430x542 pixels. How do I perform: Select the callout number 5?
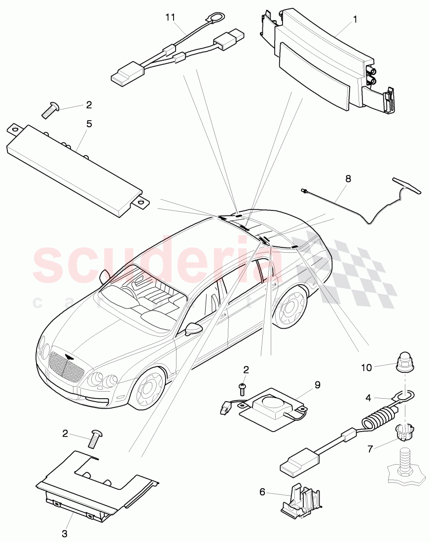[x=89, y=124]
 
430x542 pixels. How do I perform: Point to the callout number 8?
[x=348, y=179]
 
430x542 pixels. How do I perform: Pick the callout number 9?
[x=317, y=385]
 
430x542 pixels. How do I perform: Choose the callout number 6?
[x=262, y=491]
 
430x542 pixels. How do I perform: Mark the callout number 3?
[x=65, y=533]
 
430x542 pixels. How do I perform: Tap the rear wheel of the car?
[x=292, y=309]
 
